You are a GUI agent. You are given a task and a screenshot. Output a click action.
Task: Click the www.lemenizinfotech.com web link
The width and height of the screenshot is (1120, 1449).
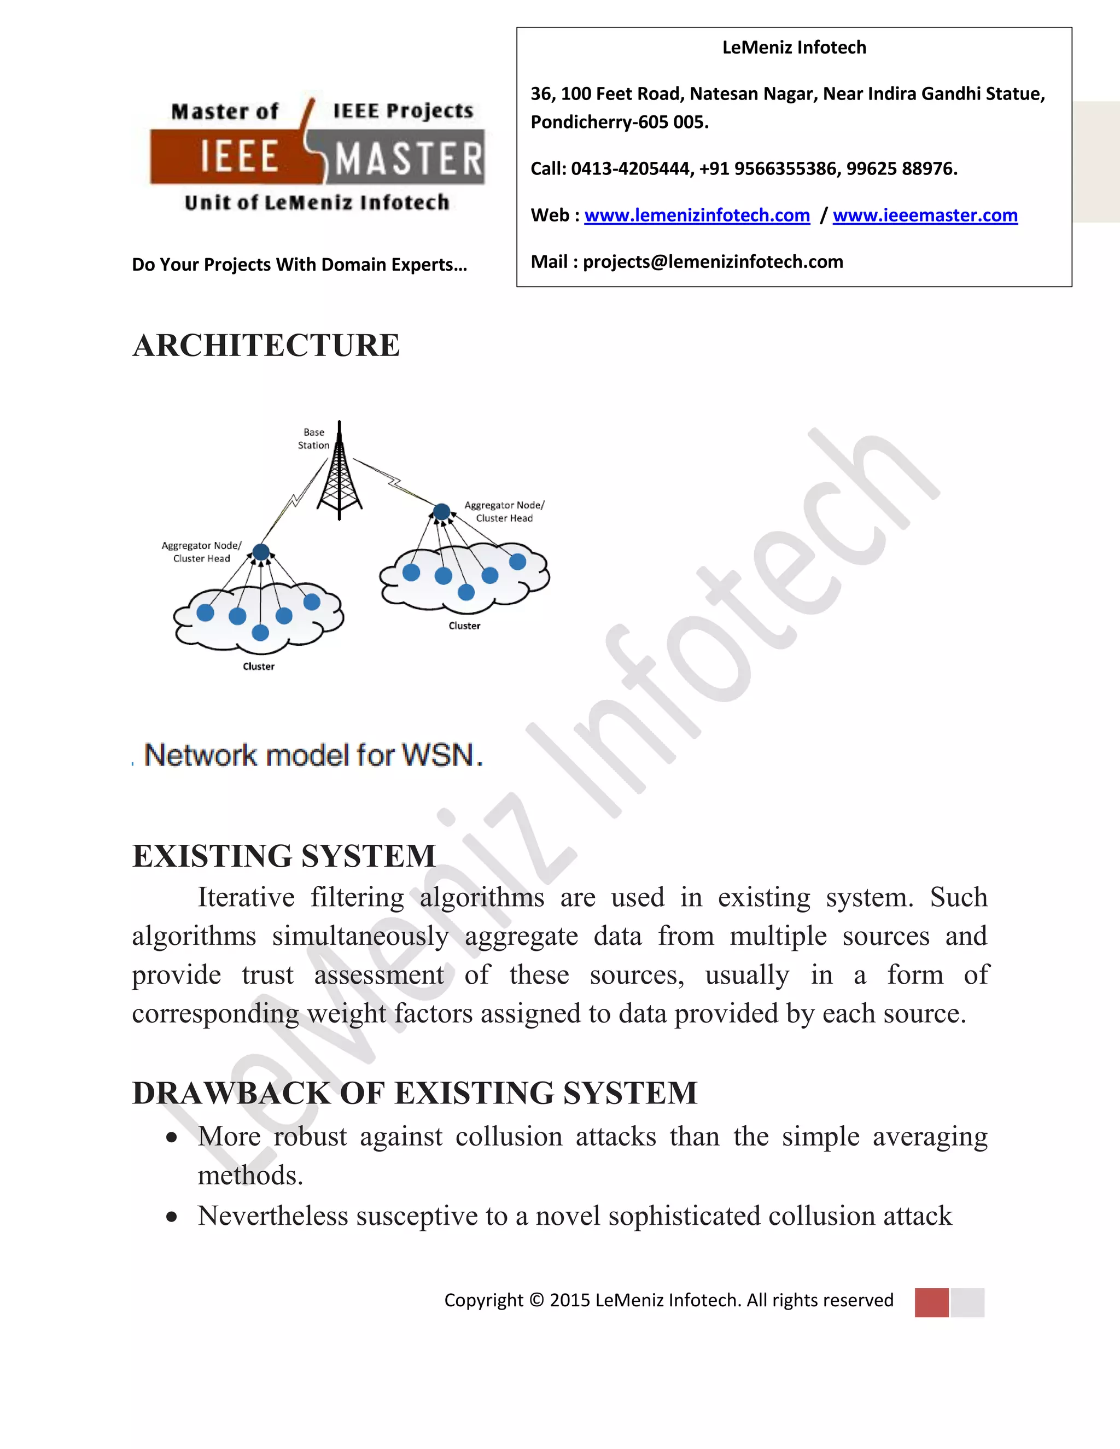pos(697,215)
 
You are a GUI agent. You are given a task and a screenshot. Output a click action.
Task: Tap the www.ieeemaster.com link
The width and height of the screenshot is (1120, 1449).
pos(925,215)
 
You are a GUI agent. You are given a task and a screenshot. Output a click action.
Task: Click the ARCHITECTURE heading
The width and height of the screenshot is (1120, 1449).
pos(266,346)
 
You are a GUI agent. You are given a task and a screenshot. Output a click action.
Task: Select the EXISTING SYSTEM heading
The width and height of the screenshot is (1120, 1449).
pos(284,856)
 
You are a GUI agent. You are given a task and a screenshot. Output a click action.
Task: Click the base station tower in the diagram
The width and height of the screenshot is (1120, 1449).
pos(340,475)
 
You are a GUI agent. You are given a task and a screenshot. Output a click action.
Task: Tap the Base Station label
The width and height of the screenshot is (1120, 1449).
pos(313,439)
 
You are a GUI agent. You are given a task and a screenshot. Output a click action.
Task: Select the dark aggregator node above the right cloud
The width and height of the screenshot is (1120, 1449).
pos(441,512)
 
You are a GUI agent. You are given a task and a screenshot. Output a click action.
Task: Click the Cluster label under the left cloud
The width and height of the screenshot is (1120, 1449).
pos(258,666)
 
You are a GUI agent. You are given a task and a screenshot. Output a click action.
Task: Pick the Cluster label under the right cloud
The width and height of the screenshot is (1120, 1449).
pos(464,626)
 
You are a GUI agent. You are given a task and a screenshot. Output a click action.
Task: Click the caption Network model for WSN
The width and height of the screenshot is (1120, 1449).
pos(313,756)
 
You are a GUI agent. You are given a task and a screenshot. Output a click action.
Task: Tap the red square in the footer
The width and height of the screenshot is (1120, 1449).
pos(931,1302)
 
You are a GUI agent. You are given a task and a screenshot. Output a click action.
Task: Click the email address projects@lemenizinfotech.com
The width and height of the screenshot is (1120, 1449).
pos(713,262)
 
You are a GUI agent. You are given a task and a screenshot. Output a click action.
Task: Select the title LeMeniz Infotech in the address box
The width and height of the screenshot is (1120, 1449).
pos(794,48)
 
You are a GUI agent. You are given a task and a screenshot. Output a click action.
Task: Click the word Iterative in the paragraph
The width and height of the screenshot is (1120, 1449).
pos(246,898)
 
